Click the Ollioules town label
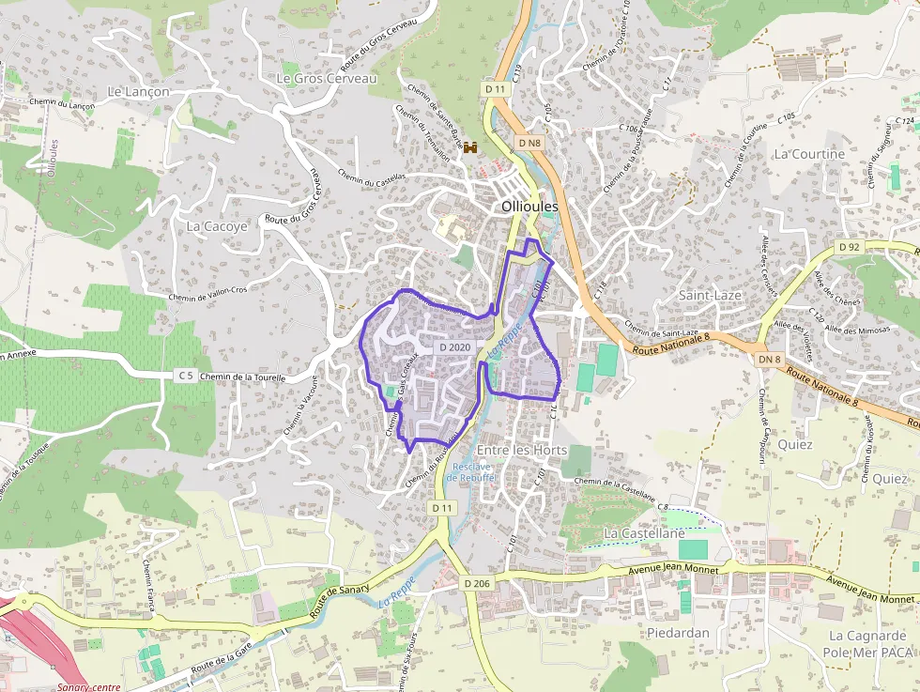[529, 206]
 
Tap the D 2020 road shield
[454, 347]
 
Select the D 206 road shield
[478, 583]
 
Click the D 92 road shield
[849, 247]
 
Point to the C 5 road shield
[186, 377]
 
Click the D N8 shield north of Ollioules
[529, 143]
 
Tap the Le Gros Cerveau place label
[326, 79]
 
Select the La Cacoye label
[217, 226]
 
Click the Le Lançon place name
[139, 92]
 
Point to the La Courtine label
[809, 154]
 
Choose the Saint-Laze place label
[710, 295]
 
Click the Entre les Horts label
[522, 451]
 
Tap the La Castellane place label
[644, 532]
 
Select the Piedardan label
[678, 633]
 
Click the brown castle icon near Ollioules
[472, 146]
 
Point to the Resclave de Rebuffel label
[472, 472]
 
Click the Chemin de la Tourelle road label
[242, 377]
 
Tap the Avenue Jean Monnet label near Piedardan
[674, 569]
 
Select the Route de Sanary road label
[340, 595]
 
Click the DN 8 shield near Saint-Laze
[770, 359]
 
